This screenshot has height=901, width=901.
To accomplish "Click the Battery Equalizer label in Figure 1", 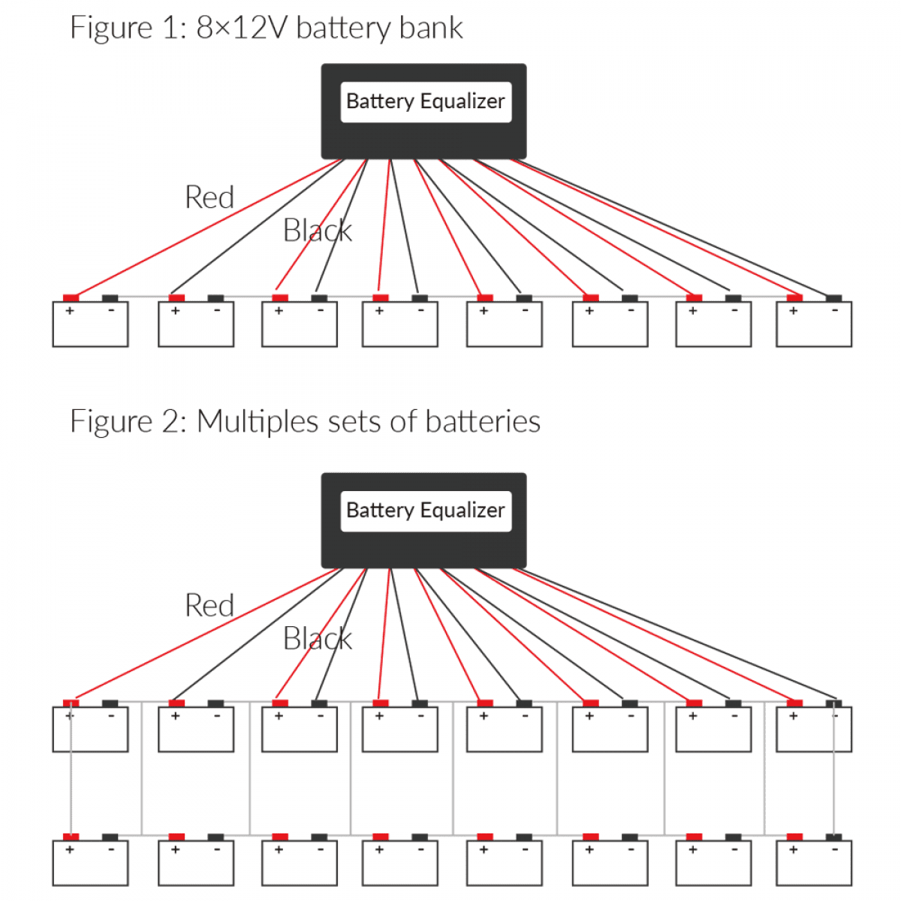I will point(425,101).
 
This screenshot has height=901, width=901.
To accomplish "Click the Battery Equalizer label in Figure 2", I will point(425,511).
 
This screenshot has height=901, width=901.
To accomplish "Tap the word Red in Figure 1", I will point(209,197).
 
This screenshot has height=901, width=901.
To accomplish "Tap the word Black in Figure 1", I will point(317,231).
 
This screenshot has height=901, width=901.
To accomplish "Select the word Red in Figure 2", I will point(209,606).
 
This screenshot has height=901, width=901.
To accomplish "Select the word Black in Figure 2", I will point(317,639).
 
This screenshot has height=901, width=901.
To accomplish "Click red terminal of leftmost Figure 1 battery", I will point(71,298).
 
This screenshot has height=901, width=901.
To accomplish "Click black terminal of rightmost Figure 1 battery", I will point(833,298).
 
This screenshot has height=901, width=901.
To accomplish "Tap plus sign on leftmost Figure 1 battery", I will point(70,311).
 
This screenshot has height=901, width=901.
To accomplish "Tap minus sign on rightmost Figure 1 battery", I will point(835,310).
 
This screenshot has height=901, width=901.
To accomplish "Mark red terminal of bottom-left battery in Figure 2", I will point(71,836).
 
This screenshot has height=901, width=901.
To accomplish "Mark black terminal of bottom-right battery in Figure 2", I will point(833,836).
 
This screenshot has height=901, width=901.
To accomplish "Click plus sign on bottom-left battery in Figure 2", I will point(70,850).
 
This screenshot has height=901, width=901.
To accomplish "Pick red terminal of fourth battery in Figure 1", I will point(381,298).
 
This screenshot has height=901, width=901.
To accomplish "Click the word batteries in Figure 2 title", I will point(483,422).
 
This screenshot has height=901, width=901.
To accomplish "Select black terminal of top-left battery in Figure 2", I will point(110,704).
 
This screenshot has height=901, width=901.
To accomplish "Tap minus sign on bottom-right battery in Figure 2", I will point(835,849).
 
